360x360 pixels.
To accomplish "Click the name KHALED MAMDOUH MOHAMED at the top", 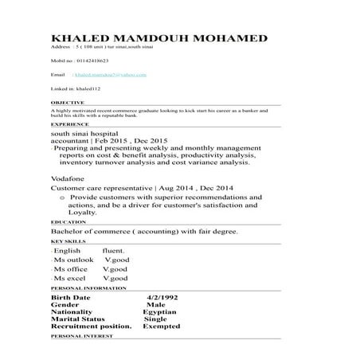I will click(x=158, y=39).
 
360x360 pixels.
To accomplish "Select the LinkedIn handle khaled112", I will click(x=94, y=90).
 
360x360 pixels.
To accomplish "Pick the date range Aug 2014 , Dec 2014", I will click(x=180, y=187).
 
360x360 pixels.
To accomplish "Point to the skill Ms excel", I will click(x=70, y=279).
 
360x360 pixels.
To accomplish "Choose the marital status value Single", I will click(x=156, y=319).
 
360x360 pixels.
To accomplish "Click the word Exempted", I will click(x=161, y=327).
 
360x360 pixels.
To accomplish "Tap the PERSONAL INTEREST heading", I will click(x=80, y=338).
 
